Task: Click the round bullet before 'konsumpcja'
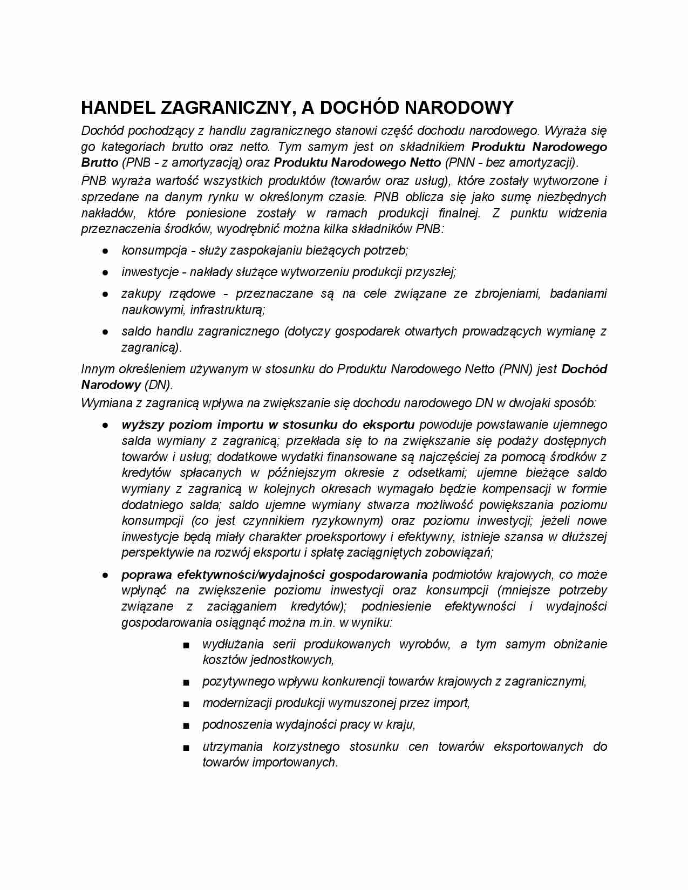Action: pos(106,251)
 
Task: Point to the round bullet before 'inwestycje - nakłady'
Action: pos(106,272)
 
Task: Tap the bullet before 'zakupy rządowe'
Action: pos(106,295)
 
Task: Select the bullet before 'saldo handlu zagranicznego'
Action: pos(106,332)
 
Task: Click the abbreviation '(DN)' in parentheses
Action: pos(158,385)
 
